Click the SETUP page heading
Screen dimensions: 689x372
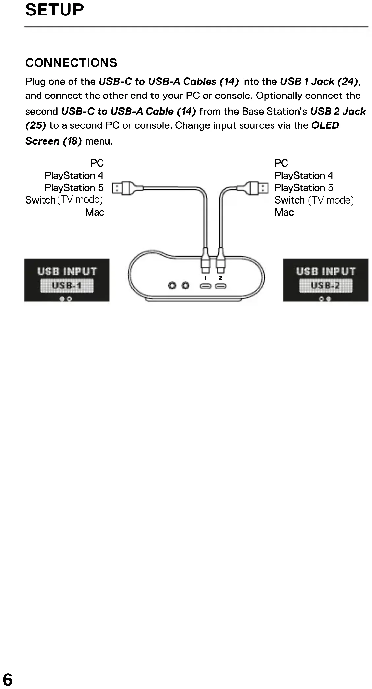point(54,10)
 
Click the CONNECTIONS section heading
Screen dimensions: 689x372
point(71,63)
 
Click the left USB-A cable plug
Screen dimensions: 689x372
point(123,188)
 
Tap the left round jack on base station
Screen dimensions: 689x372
point(172,285)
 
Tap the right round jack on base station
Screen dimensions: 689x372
point(186,285)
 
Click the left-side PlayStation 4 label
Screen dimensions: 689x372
point(74,176)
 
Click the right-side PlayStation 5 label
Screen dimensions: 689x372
point(304,188)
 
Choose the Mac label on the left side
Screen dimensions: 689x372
point(95,212)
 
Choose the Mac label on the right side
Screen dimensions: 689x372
point(284,212)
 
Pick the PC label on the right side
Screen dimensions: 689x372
point(281,163)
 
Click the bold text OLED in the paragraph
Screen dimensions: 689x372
point(325,125)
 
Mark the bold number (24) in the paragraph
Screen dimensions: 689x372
point(347,81)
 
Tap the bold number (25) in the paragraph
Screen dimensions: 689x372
point(36,125)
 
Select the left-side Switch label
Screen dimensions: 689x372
point(40,200)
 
